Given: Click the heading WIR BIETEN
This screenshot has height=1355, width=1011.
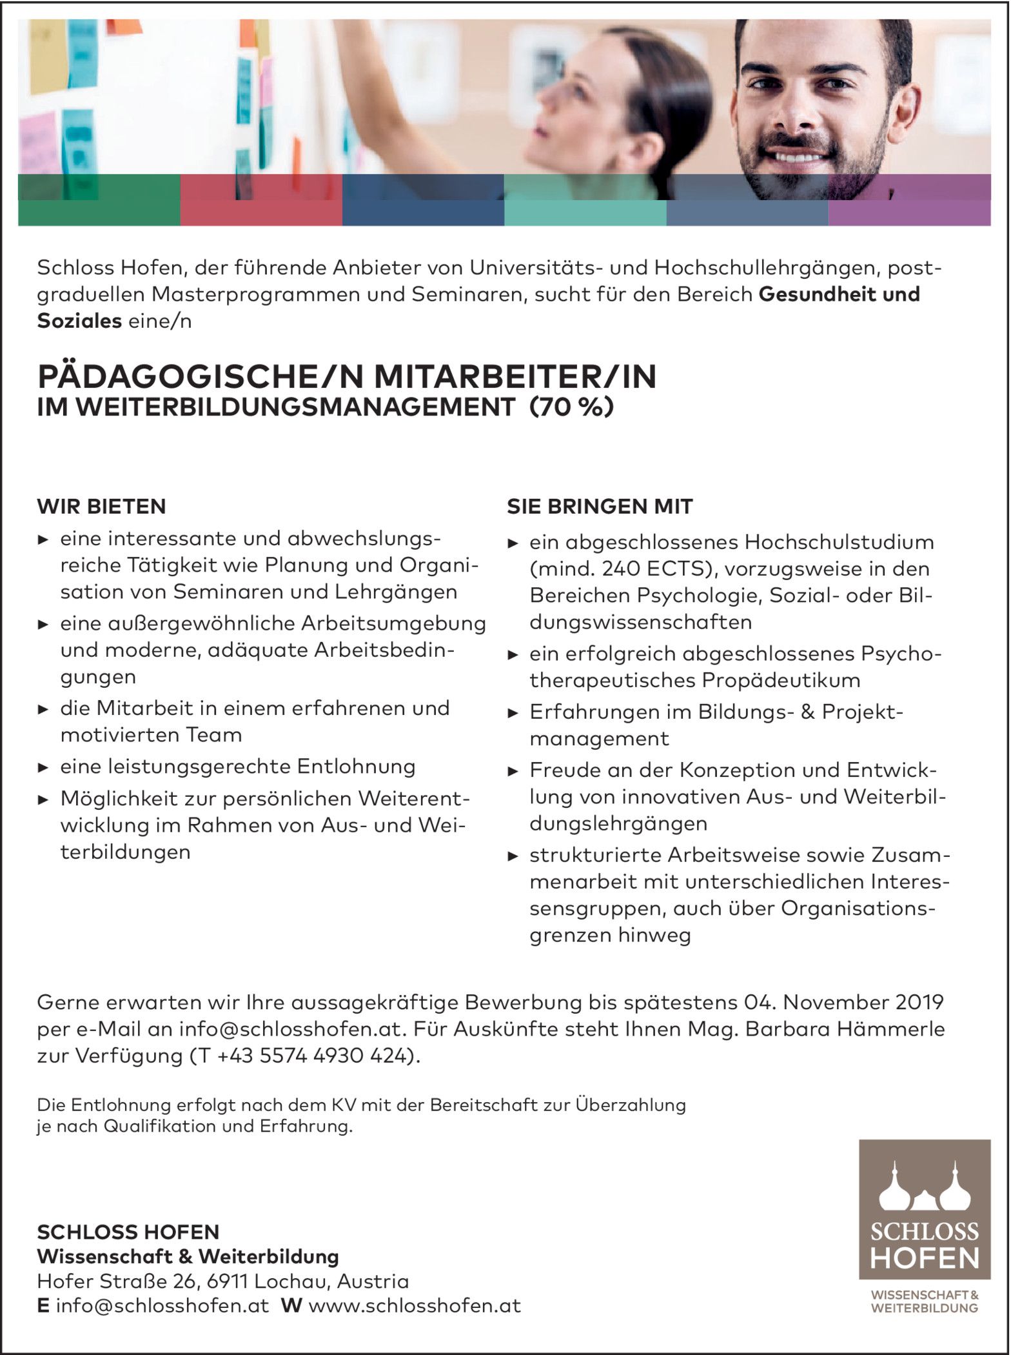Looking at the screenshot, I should [101, 507].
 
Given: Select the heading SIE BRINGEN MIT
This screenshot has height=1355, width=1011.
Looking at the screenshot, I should [599, 507].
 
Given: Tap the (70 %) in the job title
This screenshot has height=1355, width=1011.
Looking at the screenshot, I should [571, 408].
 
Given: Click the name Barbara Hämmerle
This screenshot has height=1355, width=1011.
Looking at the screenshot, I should [845, 1029].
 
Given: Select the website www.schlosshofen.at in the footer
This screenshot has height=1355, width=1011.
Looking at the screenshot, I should [415, 1306].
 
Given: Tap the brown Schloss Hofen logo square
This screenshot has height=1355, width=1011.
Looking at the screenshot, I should [924, 1209].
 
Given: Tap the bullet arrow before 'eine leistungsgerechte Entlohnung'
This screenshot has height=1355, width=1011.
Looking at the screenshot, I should [43, 768].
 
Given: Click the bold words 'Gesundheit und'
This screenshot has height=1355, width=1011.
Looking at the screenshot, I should [839, 294].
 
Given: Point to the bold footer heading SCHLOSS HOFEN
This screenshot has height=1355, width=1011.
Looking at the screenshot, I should [128, 1232].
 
